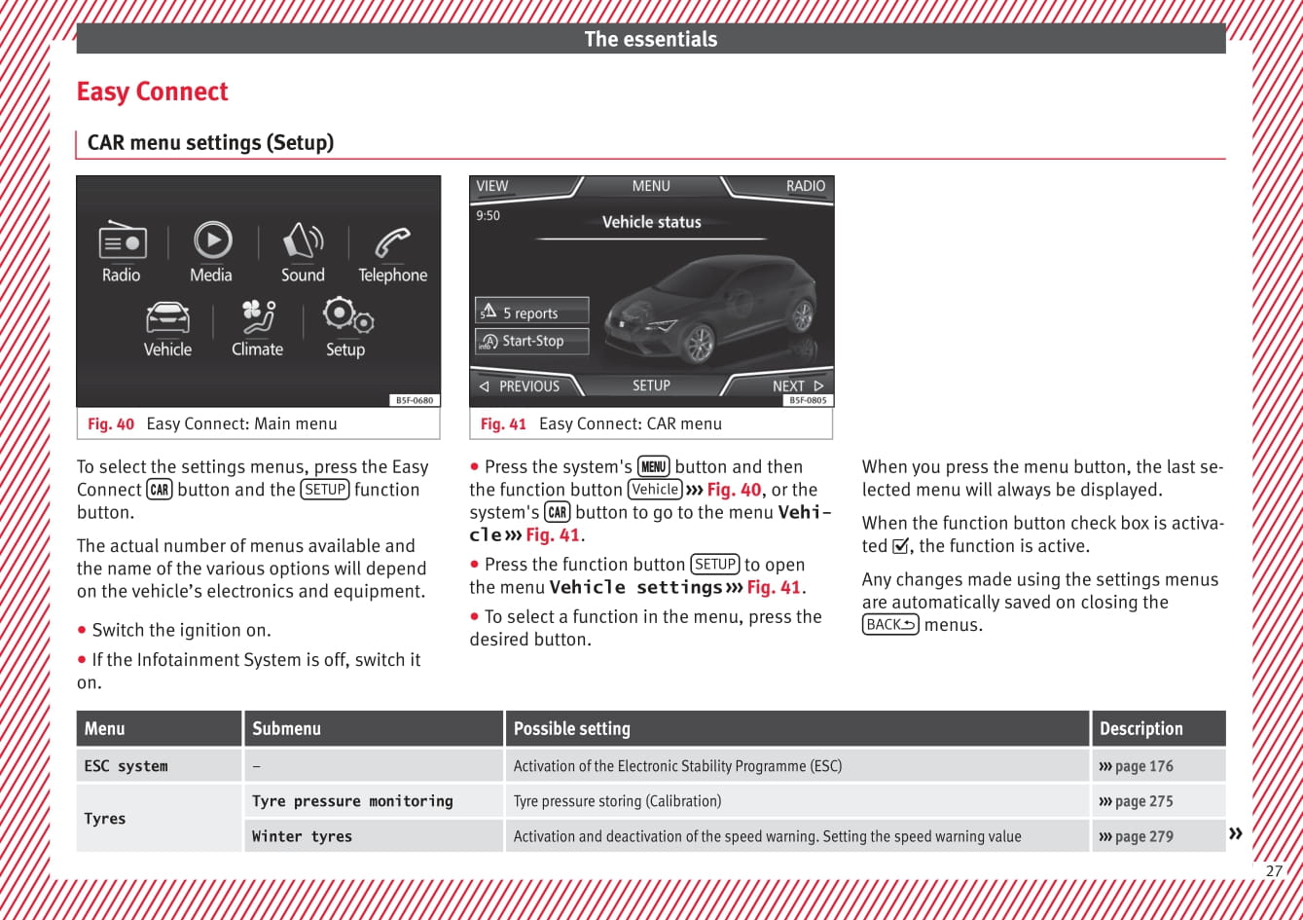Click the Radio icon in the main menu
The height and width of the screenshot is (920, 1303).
(123, 241)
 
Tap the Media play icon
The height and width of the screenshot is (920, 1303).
(212, 239)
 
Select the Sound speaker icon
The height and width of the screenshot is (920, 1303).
(303, 240)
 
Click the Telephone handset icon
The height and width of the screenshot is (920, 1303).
(392, 241)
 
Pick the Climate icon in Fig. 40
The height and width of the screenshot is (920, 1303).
(258, 316)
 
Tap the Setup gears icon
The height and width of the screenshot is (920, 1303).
(346, 315)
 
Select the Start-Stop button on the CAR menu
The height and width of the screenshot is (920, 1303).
(531, 341)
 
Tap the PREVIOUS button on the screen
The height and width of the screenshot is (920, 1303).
(521, 386)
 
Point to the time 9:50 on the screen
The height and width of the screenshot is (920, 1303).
(488, 215)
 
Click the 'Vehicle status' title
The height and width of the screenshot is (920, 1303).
(651, 222)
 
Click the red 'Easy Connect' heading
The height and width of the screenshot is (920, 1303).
(152, 92)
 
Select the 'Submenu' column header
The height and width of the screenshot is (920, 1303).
(286, 728)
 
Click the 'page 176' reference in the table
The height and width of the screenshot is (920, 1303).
(1137, 766)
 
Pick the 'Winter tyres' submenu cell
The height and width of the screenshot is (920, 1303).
(302, 836)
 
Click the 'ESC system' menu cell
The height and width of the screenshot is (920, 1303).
(126, 766)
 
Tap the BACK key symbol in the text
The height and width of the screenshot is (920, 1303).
(890, 625)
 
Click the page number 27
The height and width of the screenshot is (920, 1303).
(1274, 871)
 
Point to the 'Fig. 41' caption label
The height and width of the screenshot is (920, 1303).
(503, 423)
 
